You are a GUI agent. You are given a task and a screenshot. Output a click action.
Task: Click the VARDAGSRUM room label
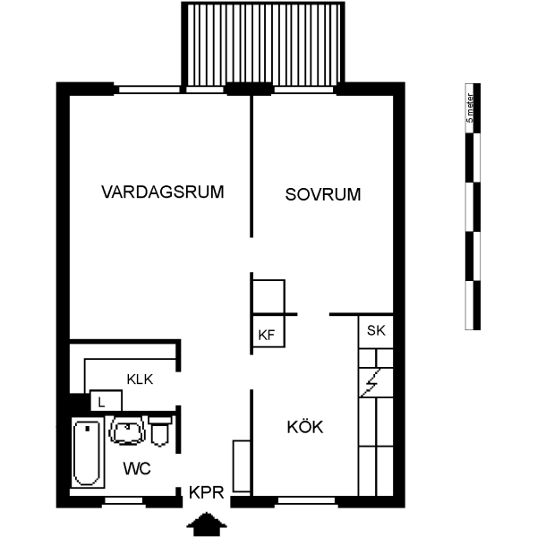(x=162, y=192)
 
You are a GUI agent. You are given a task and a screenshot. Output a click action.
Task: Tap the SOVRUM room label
(x=323, y=193)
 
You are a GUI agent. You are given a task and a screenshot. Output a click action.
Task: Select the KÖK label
(x=305, y=428)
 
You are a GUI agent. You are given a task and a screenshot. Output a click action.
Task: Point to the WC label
(x=136, y=468)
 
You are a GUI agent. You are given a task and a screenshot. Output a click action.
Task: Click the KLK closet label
(x=140, y=379)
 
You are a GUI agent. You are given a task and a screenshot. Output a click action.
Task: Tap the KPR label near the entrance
(x=206, y=492)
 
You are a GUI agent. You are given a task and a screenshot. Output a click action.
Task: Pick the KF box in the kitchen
(x=266, y=335)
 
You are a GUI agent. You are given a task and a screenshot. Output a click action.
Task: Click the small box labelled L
(x=102, y=402)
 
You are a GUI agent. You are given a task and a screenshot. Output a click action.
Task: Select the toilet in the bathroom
(x=160, y=431)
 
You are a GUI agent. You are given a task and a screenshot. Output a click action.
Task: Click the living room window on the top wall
(x=149, y=88)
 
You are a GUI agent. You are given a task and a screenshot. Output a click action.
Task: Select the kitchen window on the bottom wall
(x=307, y=500)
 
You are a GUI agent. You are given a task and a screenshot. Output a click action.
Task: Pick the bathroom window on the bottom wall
(x=124, y=500)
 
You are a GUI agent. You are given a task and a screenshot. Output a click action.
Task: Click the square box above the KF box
(x=268, y=297)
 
